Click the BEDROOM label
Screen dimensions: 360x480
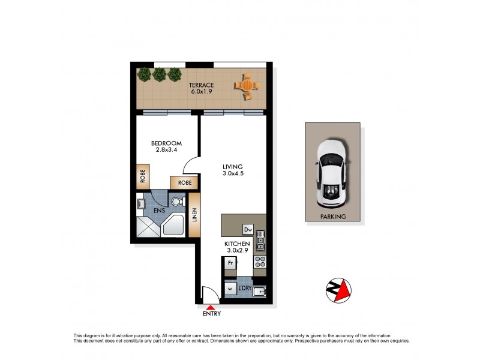[166, 143]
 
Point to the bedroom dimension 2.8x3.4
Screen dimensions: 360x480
[166, 151]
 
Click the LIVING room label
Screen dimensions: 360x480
[232, 167]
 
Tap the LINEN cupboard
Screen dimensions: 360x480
[194, 215]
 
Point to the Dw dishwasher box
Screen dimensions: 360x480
[247, 229]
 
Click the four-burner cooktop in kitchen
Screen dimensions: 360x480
[260, 262]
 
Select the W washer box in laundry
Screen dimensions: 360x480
[230, 289]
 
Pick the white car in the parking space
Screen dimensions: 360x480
[331, 170]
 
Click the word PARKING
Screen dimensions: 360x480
[333, 217]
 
